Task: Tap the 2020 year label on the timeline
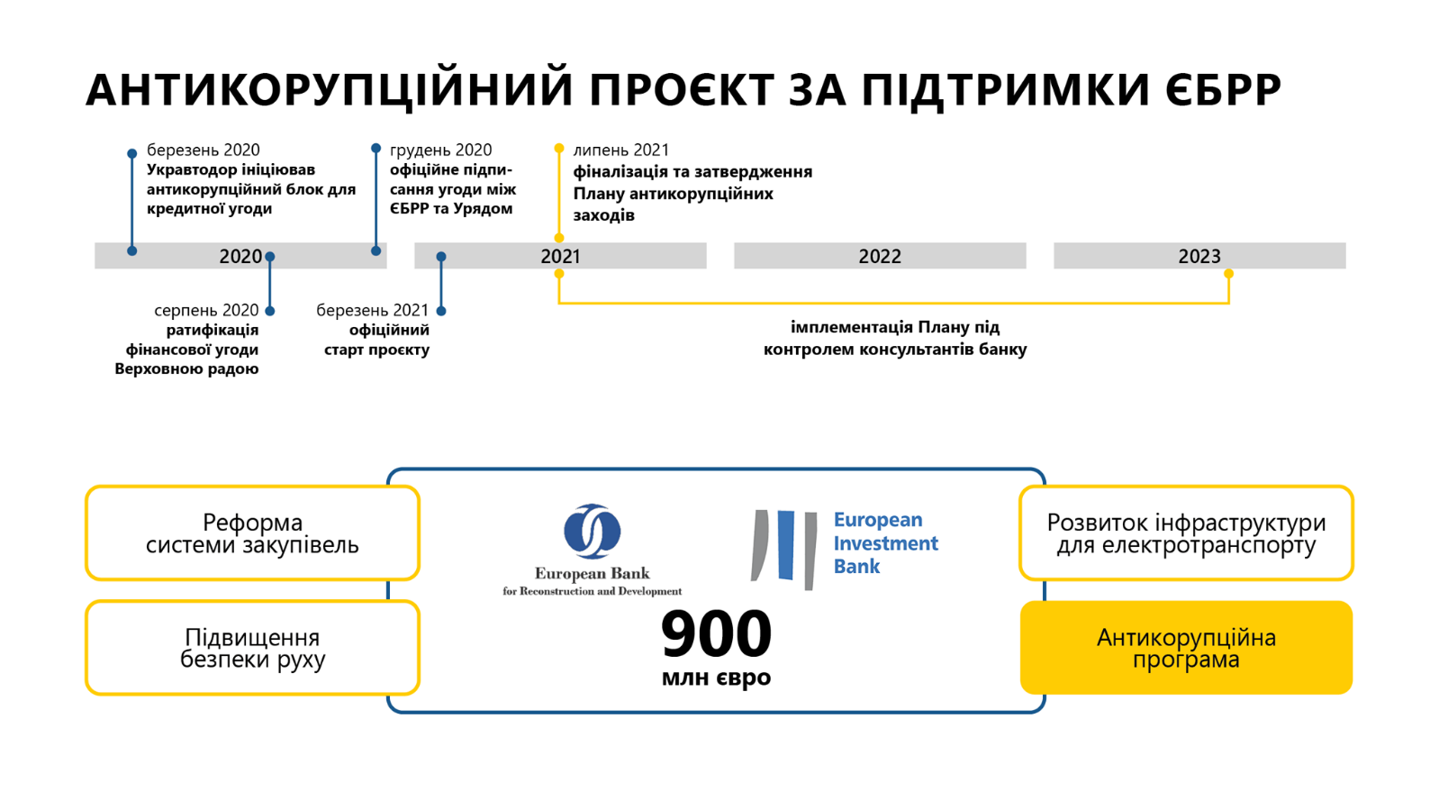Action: click(x=240, y=257)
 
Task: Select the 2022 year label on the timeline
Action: click(x=880, y=257)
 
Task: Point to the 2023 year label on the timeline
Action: click(x=1199, y=257)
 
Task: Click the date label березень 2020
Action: click(x=203, y=150)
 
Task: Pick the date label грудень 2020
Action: click(x=440, y=150)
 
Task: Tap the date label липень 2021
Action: click(x=620, y=150)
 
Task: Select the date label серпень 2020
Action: click(x=206, y=311)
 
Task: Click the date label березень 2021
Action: click(x=372, y=311)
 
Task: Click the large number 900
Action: click(x=716, y=634)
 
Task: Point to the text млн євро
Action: click(x=716, y=678)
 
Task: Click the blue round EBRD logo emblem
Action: click(x=592, y=531)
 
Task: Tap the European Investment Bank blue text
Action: click(x=885, y=542)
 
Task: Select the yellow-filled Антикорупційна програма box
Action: click(x=1186, y=647)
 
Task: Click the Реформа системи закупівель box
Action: click(x=252, y=532)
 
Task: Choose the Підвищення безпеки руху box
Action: click(x=252, y=647)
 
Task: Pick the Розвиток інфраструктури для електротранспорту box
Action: click(x=1186, y=532)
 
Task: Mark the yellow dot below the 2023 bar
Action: click(x=1229, y=274)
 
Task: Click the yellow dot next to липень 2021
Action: click(x=559, y=149)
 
